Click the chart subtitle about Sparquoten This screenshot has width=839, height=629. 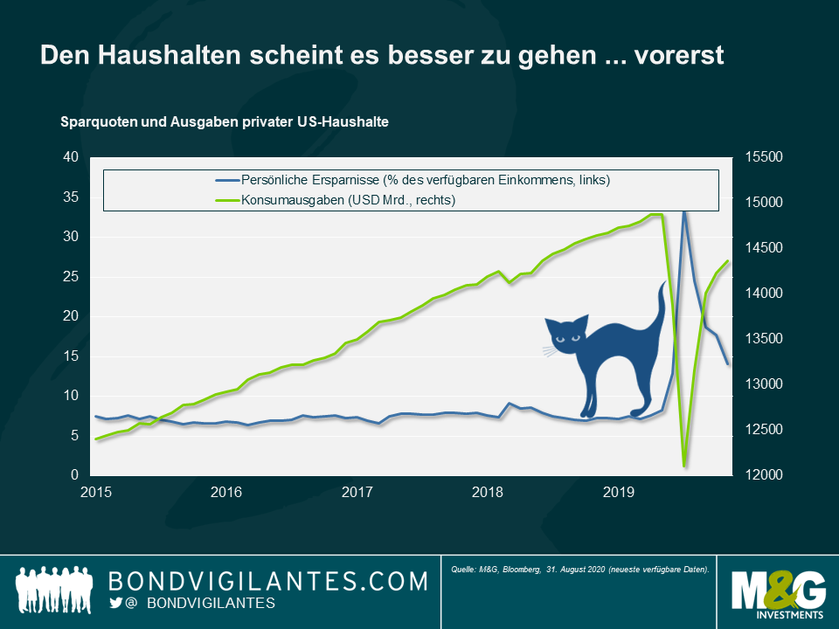(224, 122)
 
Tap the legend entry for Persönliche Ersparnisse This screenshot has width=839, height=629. (425, 180)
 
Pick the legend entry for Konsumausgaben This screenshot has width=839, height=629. (349, 200)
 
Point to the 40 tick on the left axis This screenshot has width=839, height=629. (71, 157)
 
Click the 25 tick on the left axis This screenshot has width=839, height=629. (71, 277)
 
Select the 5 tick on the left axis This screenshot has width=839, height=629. (74, 436)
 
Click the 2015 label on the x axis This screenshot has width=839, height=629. (96, 493)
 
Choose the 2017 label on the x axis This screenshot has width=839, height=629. (357, 493)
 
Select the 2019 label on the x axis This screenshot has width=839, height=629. (619, 493)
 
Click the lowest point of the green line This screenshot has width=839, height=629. (685, 465)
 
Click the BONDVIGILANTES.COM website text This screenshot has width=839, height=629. (267, 581)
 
